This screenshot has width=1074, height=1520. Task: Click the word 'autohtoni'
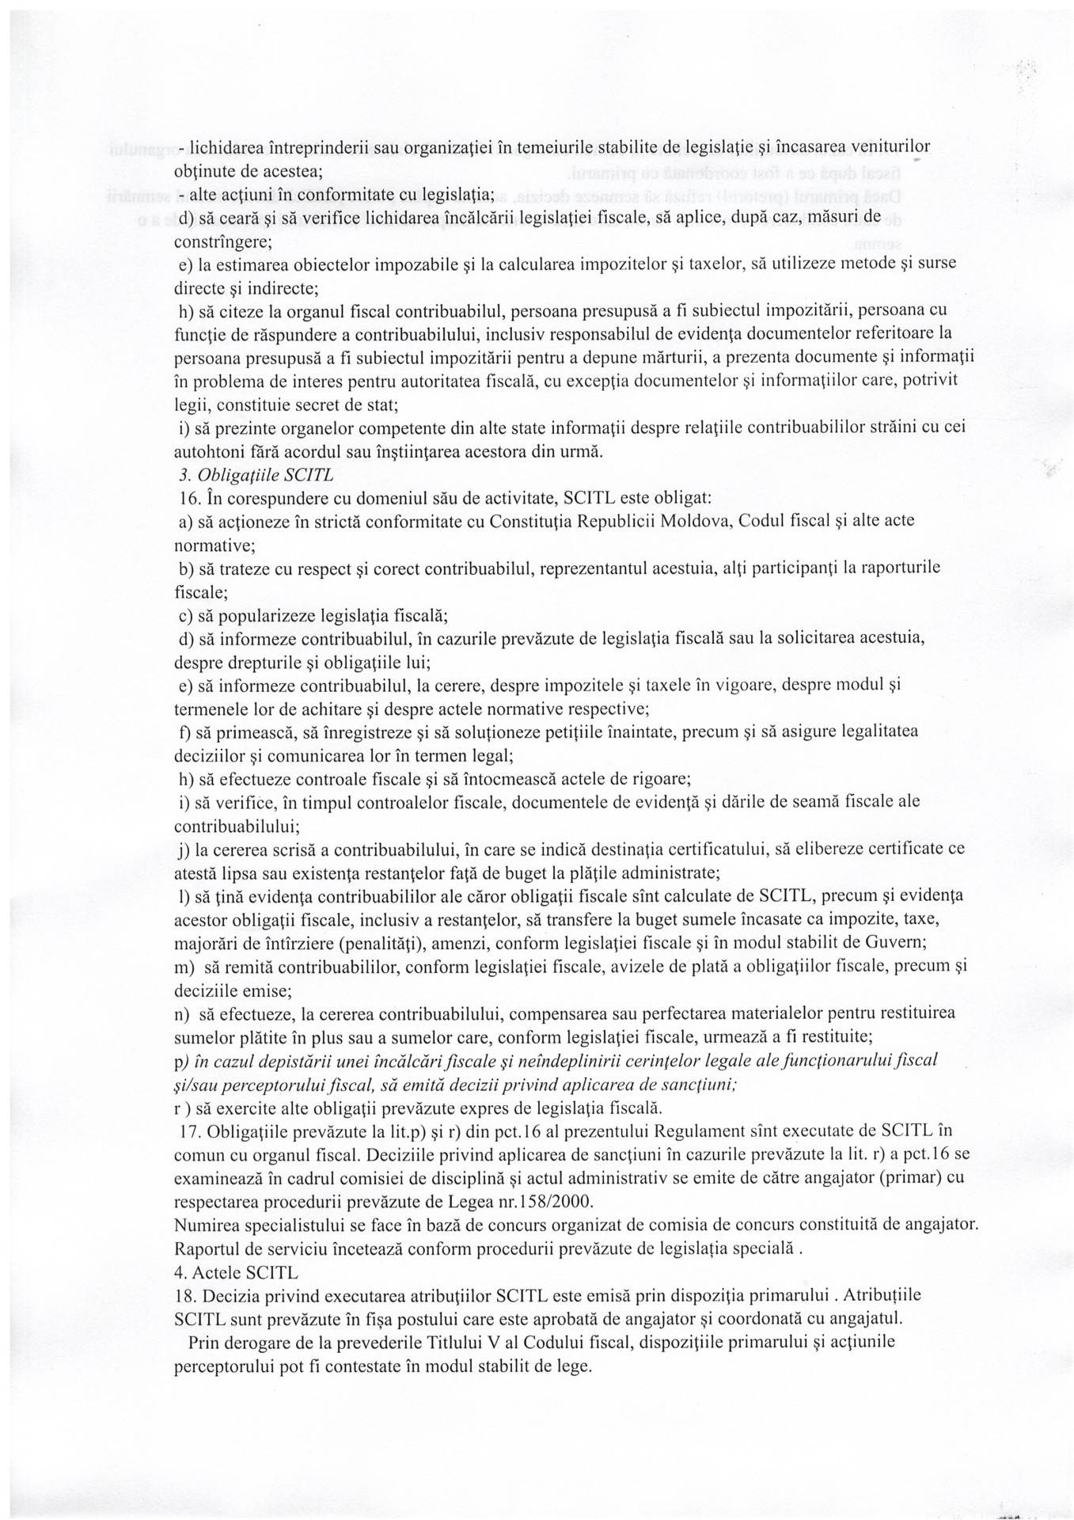(207, 452)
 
